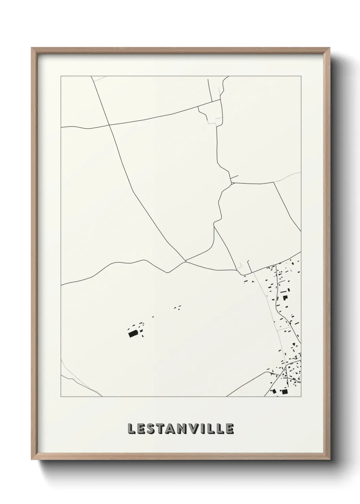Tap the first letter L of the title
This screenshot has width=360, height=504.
click(x=131, y=429)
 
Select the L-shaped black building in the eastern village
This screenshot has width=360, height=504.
click(x=285, y=298)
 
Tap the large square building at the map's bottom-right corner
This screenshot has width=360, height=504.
click(x=284, y=392)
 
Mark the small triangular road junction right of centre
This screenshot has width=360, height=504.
click(x=231, y=183)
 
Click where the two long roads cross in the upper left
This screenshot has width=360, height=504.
click(x=109, y=125)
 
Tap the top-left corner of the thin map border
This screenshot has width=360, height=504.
click(x=61, y=77)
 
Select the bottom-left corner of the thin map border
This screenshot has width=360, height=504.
click(x=61, y=397)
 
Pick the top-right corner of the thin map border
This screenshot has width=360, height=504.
click(x=301, y=77)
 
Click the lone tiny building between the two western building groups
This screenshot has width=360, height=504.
click(x=153, y=317)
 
